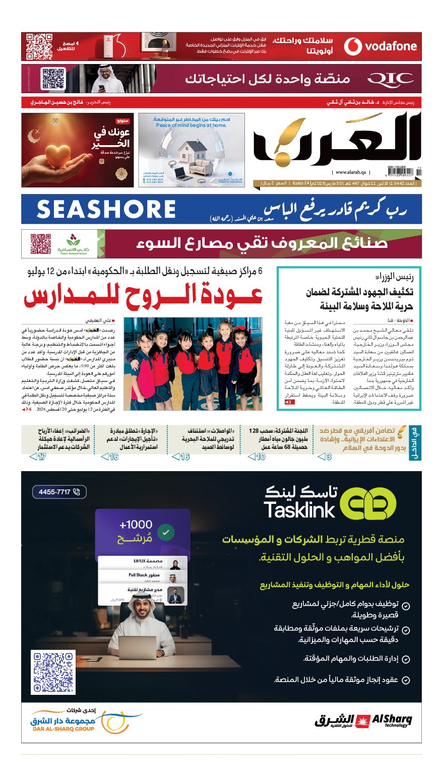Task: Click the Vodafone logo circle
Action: tap(353, 46)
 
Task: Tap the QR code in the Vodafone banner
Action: tap(39, 46)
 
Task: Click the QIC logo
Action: tap(390, 79)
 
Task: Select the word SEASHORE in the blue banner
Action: tap(106, 209)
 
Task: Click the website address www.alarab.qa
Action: tap(351, 172)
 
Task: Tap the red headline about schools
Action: tap(144, 297)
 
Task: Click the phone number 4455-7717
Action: tap(59, 492)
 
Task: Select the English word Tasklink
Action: tap(299, 510)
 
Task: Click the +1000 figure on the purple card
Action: tap(136, 525)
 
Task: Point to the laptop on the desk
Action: tap(137, 647)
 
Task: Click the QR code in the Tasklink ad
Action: tap(53, 672)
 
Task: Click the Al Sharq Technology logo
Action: tap(363, 721)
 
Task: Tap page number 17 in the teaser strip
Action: tap(38, 457)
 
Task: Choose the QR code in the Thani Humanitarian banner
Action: tap(41, 244)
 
